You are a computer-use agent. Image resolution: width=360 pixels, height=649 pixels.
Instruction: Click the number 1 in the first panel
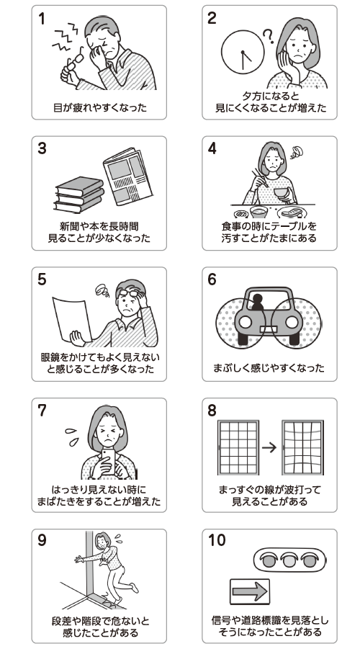(x=41, y=18)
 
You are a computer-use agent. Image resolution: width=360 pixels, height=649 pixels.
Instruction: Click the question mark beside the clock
(x=269, y=37)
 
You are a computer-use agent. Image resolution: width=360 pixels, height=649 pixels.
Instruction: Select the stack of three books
(x=78, y=194)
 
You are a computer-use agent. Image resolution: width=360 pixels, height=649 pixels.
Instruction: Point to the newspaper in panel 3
(x=128, y=176)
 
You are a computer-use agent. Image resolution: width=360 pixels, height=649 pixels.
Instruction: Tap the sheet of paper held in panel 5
(x=72, y=318)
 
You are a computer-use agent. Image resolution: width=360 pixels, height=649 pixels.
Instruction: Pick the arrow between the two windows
(x=269, y=447)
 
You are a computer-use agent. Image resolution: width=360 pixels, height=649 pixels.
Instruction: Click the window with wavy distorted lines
(x=303, y=448)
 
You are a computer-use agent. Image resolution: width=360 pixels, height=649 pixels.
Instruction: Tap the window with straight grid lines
(x=238, y=448)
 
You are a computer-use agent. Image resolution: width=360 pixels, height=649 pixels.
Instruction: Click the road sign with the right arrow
(x=250, y=591)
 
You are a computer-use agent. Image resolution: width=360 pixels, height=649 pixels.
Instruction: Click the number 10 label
(x=217, y=540)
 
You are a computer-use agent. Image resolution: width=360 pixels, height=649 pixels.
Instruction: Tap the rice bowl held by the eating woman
(x=281, y=192)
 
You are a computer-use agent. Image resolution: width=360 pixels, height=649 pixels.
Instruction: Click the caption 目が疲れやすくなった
(x=100, y=107)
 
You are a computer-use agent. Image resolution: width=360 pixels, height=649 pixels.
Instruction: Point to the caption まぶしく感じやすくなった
(x=269, y=367)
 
